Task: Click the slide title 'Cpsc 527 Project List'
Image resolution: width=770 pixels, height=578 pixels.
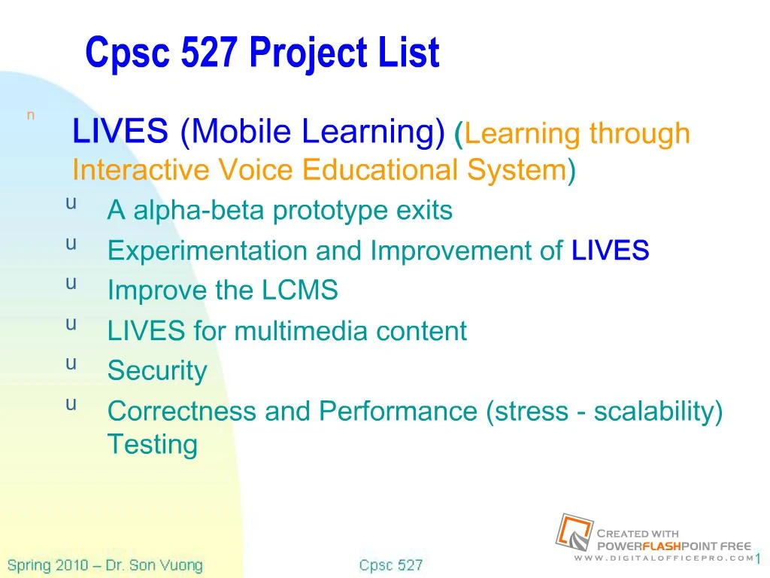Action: tap(262, 53)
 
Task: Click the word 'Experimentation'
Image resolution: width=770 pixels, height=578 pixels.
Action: tap(208, 251)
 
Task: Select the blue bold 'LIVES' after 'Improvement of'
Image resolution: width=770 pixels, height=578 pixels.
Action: tap(610, 251)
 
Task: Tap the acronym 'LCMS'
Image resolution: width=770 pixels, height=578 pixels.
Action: tap(300, 291)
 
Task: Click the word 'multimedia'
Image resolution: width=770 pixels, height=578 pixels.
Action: tap(302, 330)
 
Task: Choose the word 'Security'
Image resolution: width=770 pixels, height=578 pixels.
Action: tap(156, 370)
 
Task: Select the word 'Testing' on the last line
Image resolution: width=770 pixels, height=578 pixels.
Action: tap(152, 444)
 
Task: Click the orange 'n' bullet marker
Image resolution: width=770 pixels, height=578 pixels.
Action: tap(31, 115)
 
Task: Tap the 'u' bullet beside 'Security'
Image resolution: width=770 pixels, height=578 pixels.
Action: tap(71, 364)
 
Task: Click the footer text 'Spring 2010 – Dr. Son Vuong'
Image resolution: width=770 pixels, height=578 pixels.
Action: tap(105, 565)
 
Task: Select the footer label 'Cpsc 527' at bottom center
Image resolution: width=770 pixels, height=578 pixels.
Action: tap(390, 565)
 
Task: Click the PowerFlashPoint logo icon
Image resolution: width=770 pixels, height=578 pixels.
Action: tap(574, 532)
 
